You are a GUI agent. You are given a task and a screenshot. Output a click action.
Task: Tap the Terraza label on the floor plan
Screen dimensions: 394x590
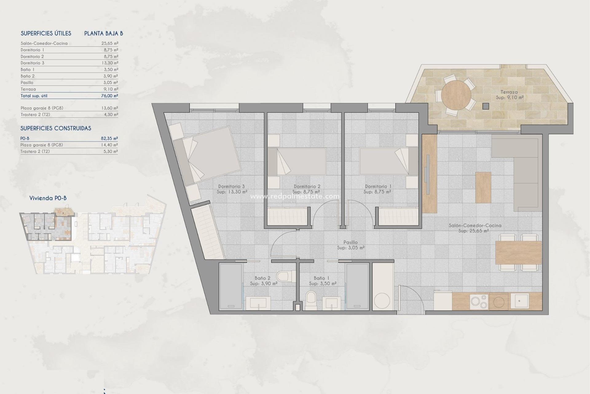[x=509, y=92]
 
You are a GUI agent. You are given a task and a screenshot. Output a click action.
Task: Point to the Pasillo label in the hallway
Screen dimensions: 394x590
[x=350, y=243]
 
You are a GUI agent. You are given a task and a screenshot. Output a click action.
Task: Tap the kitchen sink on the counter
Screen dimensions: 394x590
[x=520, y=301]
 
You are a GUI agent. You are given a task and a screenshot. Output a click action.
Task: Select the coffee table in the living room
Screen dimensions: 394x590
[x=483, y=187]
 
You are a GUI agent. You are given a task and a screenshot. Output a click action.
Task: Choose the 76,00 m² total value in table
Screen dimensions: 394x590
[x=109, y=96]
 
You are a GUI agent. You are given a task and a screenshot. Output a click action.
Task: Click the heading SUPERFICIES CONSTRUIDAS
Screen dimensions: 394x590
[x=56, y=128]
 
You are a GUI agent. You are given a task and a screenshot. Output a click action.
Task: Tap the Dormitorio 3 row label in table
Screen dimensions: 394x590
[x=33, y=63]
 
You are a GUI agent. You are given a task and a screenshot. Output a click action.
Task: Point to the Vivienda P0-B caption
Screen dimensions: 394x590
[x=48, y=198]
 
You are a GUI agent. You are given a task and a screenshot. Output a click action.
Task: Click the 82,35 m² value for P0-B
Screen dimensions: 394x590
[x=109, y=139]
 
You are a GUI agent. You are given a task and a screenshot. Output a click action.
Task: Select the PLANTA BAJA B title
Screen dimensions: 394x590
[x=104, y=33]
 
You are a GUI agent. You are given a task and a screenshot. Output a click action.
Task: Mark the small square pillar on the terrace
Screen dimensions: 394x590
[x=486, y=106]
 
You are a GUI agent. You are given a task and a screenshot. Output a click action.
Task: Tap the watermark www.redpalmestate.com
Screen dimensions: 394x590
[x=295, y=196]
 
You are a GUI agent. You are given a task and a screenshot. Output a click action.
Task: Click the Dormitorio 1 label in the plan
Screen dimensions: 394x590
[x=378, y=186]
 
